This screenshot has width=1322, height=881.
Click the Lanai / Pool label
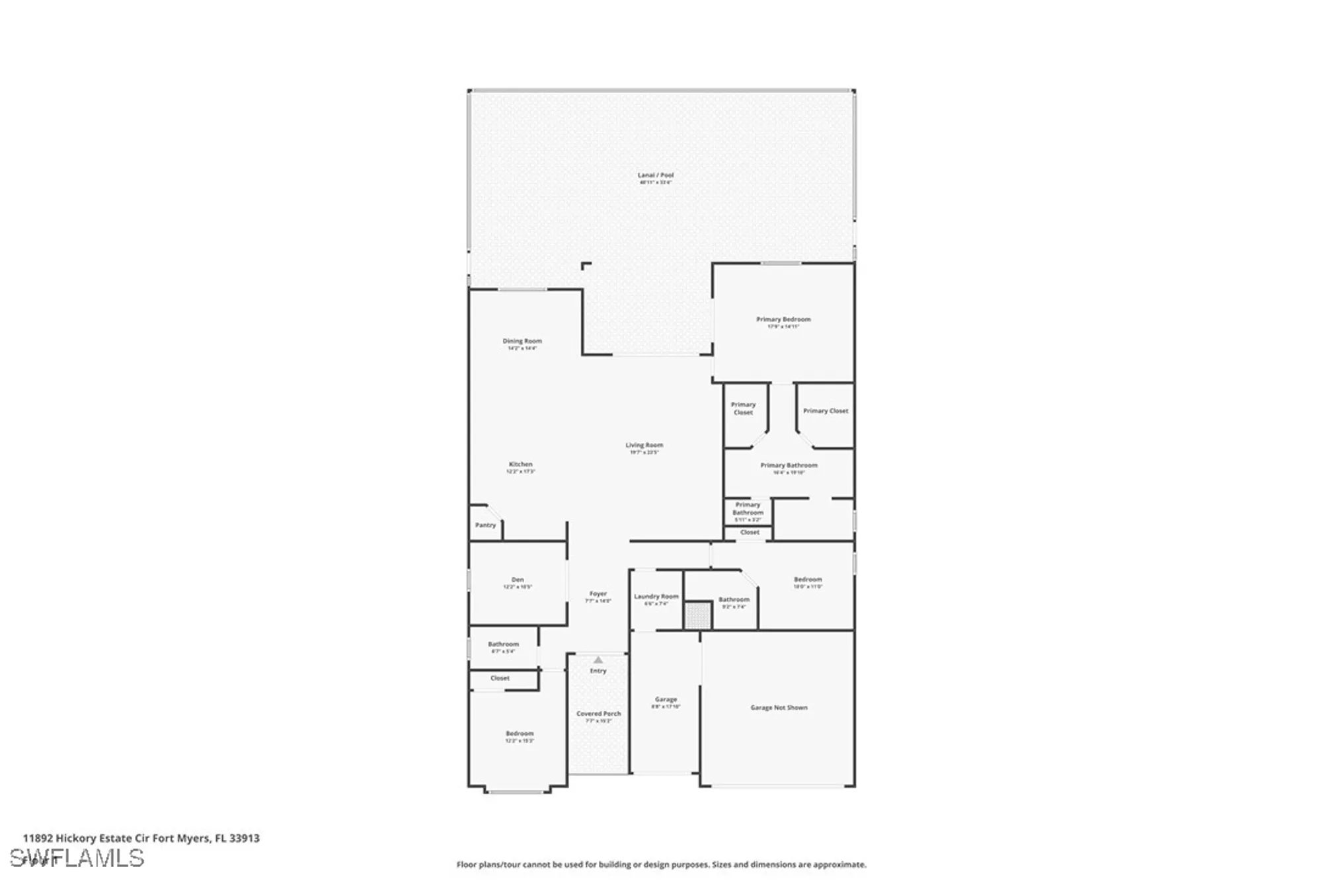655,176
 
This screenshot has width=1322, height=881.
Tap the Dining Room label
522,342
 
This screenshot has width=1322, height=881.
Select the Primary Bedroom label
783,320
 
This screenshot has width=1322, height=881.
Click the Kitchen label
520,465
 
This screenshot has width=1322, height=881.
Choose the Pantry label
485,525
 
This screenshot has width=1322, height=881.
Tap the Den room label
518,580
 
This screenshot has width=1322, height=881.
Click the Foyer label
598,594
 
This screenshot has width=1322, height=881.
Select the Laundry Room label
656,597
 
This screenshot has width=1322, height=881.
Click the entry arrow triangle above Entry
598,660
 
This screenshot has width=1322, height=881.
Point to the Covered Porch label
598,714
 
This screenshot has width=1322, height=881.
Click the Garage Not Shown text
779,708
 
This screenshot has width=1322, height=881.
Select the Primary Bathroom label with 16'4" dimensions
789,466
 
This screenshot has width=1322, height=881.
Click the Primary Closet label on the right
826,411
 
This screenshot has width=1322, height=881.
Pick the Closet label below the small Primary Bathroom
750,533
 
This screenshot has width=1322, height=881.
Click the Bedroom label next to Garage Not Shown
808,580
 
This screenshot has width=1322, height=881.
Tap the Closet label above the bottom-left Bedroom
500,678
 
